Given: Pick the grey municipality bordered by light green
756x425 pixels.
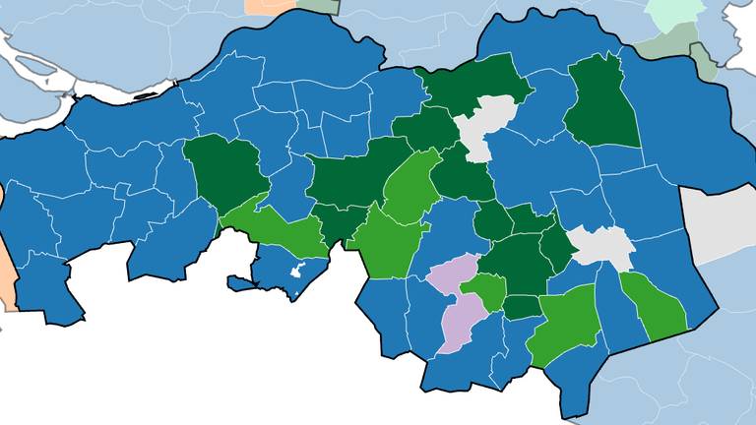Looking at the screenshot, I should (602, 246).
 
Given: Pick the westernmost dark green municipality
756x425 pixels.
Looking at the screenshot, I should (224, 172).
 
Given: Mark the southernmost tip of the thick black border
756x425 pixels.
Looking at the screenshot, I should (571, 417).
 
